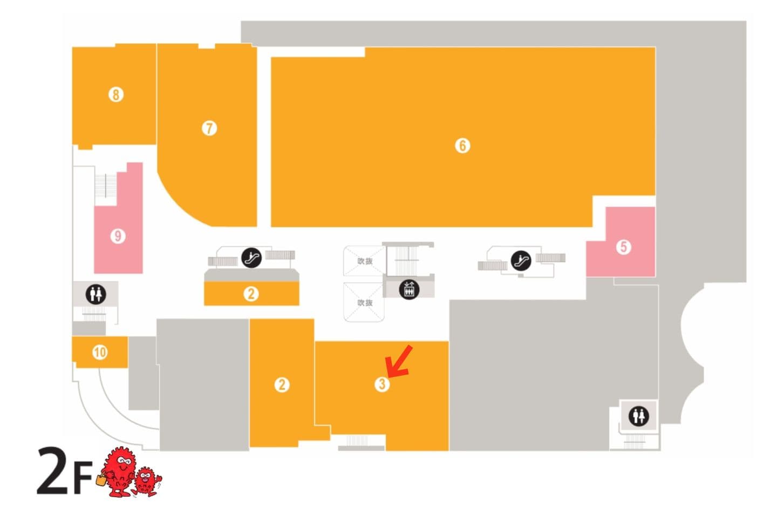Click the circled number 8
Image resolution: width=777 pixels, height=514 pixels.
[115, 95]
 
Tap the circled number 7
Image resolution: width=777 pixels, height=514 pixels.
[209, 128]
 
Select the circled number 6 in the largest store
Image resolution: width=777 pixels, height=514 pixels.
[462, 146]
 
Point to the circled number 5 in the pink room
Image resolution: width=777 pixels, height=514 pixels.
[623, 247]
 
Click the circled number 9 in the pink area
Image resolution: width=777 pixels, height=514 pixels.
[118, 236]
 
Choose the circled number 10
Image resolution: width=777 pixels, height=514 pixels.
[100, 353]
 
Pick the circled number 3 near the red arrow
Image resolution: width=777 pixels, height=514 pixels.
[381, 384]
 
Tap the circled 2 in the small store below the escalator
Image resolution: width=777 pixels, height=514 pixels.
[251, 294]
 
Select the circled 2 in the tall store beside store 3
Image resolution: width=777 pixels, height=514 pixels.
[282, 385]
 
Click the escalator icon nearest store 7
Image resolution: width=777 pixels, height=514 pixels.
[251, 258]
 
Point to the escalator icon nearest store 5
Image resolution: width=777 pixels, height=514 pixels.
[521, 261]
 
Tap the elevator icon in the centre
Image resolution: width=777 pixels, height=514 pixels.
[408, 289]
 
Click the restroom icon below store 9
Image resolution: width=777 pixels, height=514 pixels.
[96, 294]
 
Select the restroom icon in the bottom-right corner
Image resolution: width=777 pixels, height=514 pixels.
[638, 416]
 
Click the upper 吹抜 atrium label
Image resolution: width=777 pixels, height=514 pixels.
[365, 261]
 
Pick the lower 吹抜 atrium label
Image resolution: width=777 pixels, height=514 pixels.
[365, 303]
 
